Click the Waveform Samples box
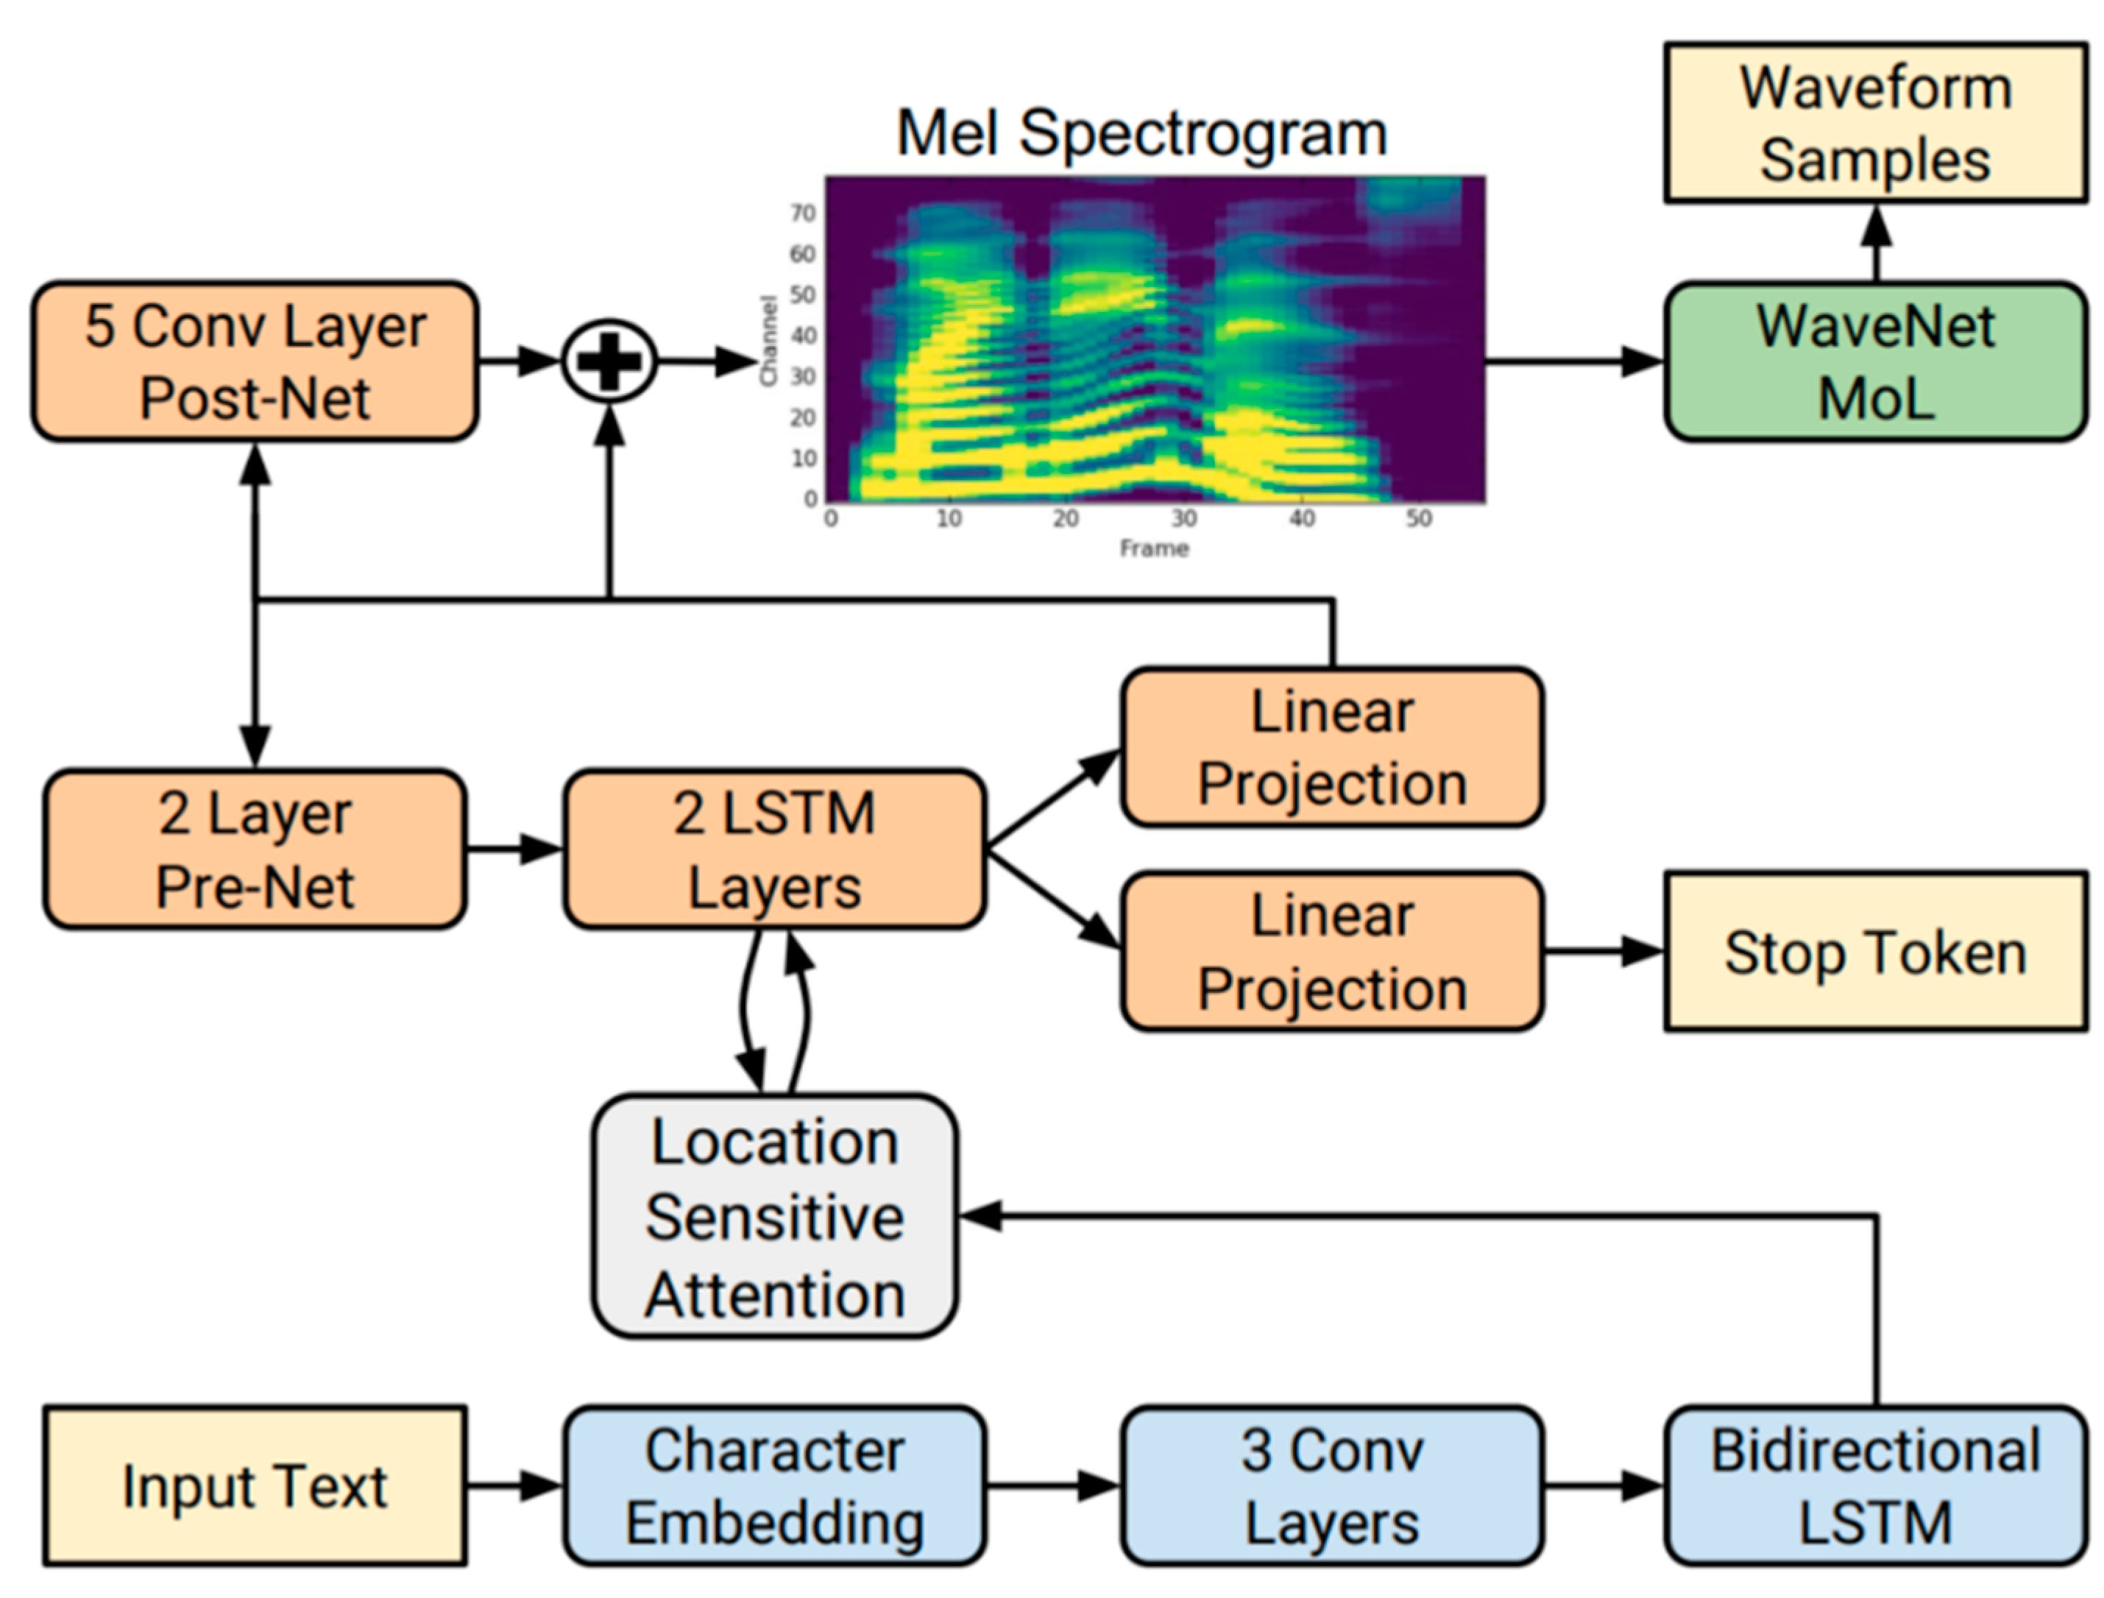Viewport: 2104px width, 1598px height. (1875, 123)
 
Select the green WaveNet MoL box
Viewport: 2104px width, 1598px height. (1875, 361)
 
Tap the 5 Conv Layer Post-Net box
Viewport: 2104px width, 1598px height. (255, 361)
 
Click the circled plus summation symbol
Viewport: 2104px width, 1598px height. (609, 361)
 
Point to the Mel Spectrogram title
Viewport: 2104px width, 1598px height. (1141, 133)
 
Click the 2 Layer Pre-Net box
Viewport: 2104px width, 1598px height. (255, 849)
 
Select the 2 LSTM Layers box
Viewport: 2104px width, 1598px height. (774, 849)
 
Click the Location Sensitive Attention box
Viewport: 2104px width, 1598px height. (774, 1217)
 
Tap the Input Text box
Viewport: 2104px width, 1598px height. (255, 1486)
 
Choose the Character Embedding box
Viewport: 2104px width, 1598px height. (774, 1486)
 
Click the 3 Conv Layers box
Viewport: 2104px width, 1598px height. (1331, 1486)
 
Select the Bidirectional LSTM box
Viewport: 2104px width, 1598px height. (1875, 1486)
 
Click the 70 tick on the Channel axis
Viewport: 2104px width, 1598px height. (804, 213)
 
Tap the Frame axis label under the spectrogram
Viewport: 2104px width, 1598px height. (1154, 549)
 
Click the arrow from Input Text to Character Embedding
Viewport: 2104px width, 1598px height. (514, 1486)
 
